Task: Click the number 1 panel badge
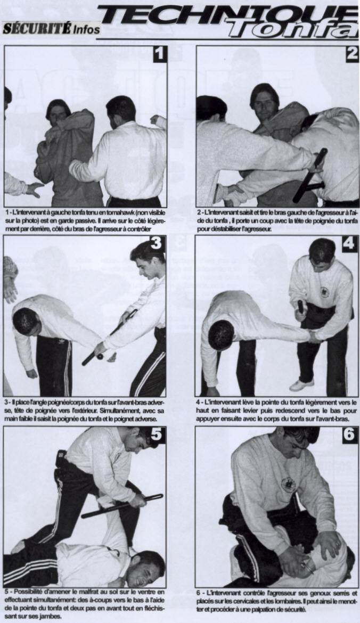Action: (x=160, y=54)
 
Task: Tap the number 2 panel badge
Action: (x=352, y=54)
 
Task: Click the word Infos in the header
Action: (x=86, y=29)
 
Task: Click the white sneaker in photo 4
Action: (x=301, y=384)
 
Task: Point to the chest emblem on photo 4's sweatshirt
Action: (x=325, y=292)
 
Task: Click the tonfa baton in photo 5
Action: (x=122, y=506)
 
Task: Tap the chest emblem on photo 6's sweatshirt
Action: (x=289, y=485)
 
